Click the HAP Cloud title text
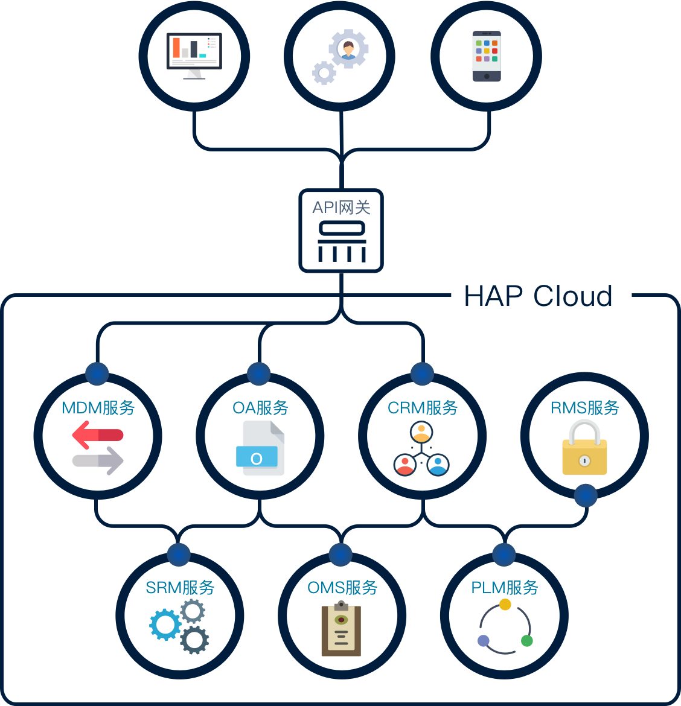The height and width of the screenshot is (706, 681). pyautogui.click(x=538, y=296)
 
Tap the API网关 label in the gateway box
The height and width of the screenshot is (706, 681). pyautogui.click(x=341, y=208)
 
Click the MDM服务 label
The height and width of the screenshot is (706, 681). pyautogui.click(x=98, y=408)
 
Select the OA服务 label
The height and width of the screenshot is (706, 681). pyautogui.click(x=260, y=408)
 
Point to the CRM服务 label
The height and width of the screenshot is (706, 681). pyautogui.click(x=423, y=408)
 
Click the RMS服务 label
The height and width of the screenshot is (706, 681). pyautogui.click(x=585, y=408)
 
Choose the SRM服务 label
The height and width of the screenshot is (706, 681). pyautogui.click(x=180, y=588)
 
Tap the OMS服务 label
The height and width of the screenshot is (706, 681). pyautogui.click(x=342, y=588)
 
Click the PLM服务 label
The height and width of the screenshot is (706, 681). pyautogui.click(x=505, y=588)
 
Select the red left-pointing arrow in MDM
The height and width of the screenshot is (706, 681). pyautogui.click(x=97, y=435)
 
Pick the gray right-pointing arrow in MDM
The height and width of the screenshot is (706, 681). pyautogui.click(x=98, y=461)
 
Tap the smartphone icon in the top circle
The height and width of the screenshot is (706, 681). pyautogui.click(x=487, y=56)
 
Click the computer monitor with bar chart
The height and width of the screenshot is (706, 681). pyautogui.click(x=194, y=55)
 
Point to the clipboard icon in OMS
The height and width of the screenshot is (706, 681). pyautogui.click(x=341, y=629)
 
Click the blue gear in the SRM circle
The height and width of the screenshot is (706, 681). pyautogui.click(x=165, y=625)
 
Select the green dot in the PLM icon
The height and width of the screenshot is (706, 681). pyautogui.click(x=526, y=640)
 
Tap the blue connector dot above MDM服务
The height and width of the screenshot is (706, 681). pyautogui.click(x=97, y=374)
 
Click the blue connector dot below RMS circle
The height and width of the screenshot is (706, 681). pyautogui.click(x=585, y=496)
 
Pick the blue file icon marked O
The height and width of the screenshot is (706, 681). pyautogui.click(x=257, y=457)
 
